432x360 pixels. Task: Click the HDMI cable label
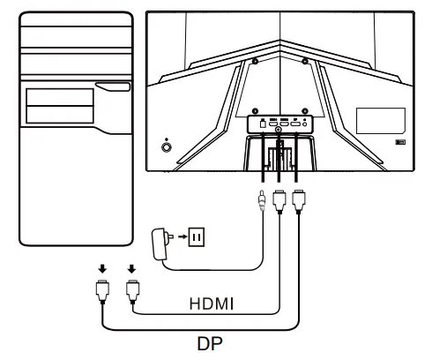click(x=211, y=304)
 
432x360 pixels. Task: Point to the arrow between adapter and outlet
click(x=180, y=236)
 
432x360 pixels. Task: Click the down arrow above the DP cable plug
click(x=102, y=267)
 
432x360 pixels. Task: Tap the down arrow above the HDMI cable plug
click(x=131, y=267)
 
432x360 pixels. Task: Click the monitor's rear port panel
click(x=280, y=124)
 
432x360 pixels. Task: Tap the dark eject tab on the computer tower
click(x=111, y=86)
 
